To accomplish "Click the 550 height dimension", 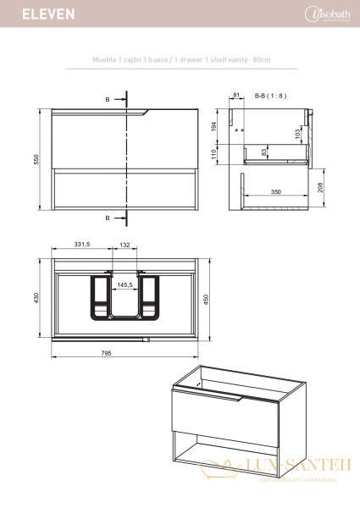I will click(x=36, y=160).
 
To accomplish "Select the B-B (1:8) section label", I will click(x=271, y=97).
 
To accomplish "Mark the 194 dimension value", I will click(x=216, y=125).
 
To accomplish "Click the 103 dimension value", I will click(x=298, y=134).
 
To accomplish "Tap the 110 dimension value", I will click(x=216, y=153).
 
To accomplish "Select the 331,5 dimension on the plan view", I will click(x=81, y=245).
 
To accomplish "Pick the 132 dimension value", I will click(x=125, y=245).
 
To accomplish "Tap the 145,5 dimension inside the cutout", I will click(x=125, y=284).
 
